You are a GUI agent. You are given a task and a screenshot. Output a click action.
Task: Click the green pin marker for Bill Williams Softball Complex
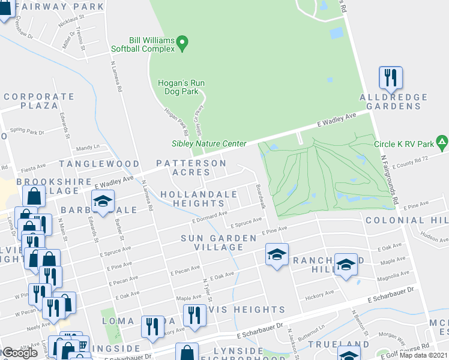coord(184,43)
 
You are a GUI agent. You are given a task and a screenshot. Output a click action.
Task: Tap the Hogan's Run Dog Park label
coord(182,88)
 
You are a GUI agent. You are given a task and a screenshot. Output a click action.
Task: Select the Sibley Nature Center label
coord(209,143)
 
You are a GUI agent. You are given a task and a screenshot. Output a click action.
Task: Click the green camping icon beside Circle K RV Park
coord(442,143)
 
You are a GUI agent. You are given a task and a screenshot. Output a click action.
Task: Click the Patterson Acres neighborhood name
coord(191,167)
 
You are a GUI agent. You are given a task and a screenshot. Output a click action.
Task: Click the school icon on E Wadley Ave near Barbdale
coord(103,201)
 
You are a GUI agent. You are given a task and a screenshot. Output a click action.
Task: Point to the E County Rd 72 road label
coord(414,159)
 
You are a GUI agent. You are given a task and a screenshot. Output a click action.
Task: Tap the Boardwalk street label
coord(260,197)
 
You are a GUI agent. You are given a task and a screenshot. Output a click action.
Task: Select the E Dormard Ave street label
coord(209,217)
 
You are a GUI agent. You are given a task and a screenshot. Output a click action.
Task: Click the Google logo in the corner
coord(20,353)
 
